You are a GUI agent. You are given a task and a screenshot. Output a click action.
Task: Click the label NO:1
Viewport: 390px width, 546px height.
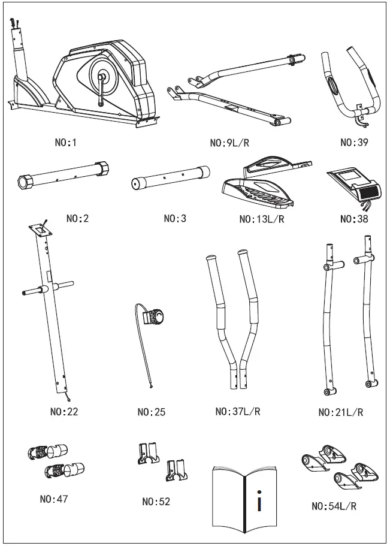(66, 143)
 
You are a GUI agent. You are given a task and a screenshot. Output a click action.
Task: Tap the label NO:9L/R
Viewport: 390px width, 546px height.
(231, 143)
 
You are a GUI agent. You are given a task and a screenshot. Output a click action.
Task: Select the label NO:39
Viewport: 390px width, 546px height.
(354, 143)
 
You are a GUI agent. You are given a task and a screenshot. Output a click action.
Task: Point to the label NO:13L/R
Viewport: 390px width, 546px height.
(261, 219)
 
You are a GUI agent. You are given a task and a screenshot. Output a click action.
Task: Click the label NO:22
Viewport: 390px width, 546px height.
(64, 412)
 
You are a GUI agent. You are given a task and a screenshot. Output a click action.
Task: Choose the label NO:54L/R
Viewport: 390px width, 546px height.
(334, 506)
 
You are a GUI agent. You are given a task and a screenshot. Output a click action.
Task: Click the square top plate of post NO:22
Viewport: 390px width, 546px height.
(39, 228)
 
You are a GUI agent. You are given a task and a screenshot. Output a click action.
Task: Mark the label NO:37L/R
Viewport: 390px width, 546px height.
(238, 412)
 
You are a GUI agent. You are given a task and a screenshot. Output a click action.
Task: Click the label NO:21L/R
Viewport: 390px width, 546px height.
(340, 412)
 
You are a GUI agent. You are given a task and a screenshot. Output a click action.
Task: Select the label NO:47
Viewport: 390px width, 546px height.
(54, 499)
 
